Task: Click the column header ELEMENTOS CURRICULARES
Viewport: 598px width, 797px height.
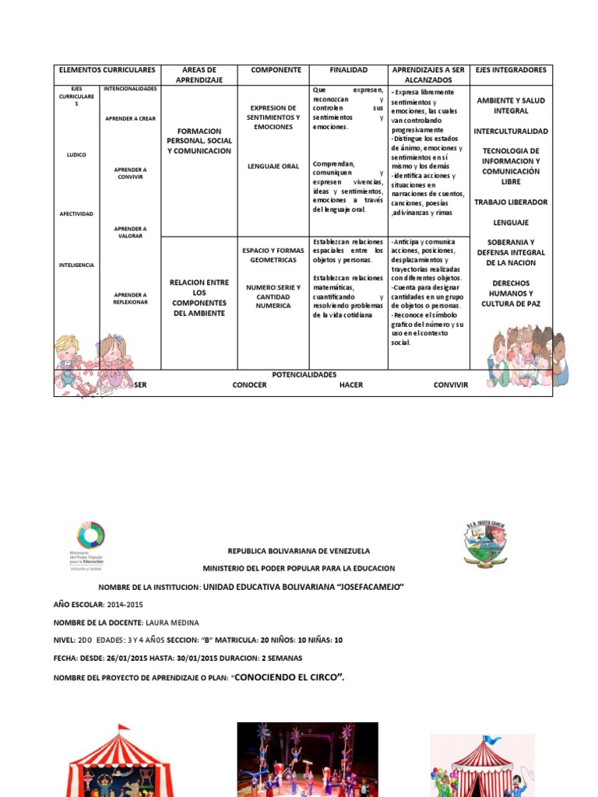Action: point(107,70)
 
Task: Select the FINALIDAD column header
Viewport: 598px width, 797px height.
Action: point(348,70)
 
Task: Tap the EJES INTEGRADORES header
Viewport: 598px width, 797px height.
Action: point(511,70)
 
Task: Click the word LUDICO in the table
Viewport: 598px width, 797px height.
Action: point(76,155)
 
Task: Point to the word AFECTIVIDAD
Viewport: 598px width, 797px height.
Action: point(76,213)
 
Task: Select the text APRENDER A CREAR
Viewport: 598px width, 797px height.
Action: point(130,118)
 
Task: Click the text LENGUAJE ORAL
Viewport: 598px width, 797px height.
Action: point(273,166)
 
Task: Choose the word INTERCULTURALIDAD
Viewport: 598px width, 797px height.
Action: point(511,132)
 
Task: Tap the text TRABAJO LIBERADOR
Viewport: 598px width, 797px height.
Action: point(511,202)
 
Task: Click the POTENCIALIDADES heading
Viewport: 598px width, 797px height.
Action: point(304,374)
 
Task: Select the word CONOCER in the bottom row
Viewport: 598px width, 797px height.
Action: point(249,385)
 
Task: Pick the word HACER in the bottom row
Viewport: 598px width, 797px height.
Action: point(350,385)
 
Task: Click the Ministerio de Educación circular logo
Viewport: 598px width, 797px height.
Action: point(90,538)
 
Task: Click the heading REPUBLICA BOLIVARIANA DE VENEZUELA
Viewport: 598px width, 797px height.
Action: point(299,550)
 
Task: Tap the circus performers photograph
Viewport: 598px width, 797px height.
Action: point(308,759)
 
